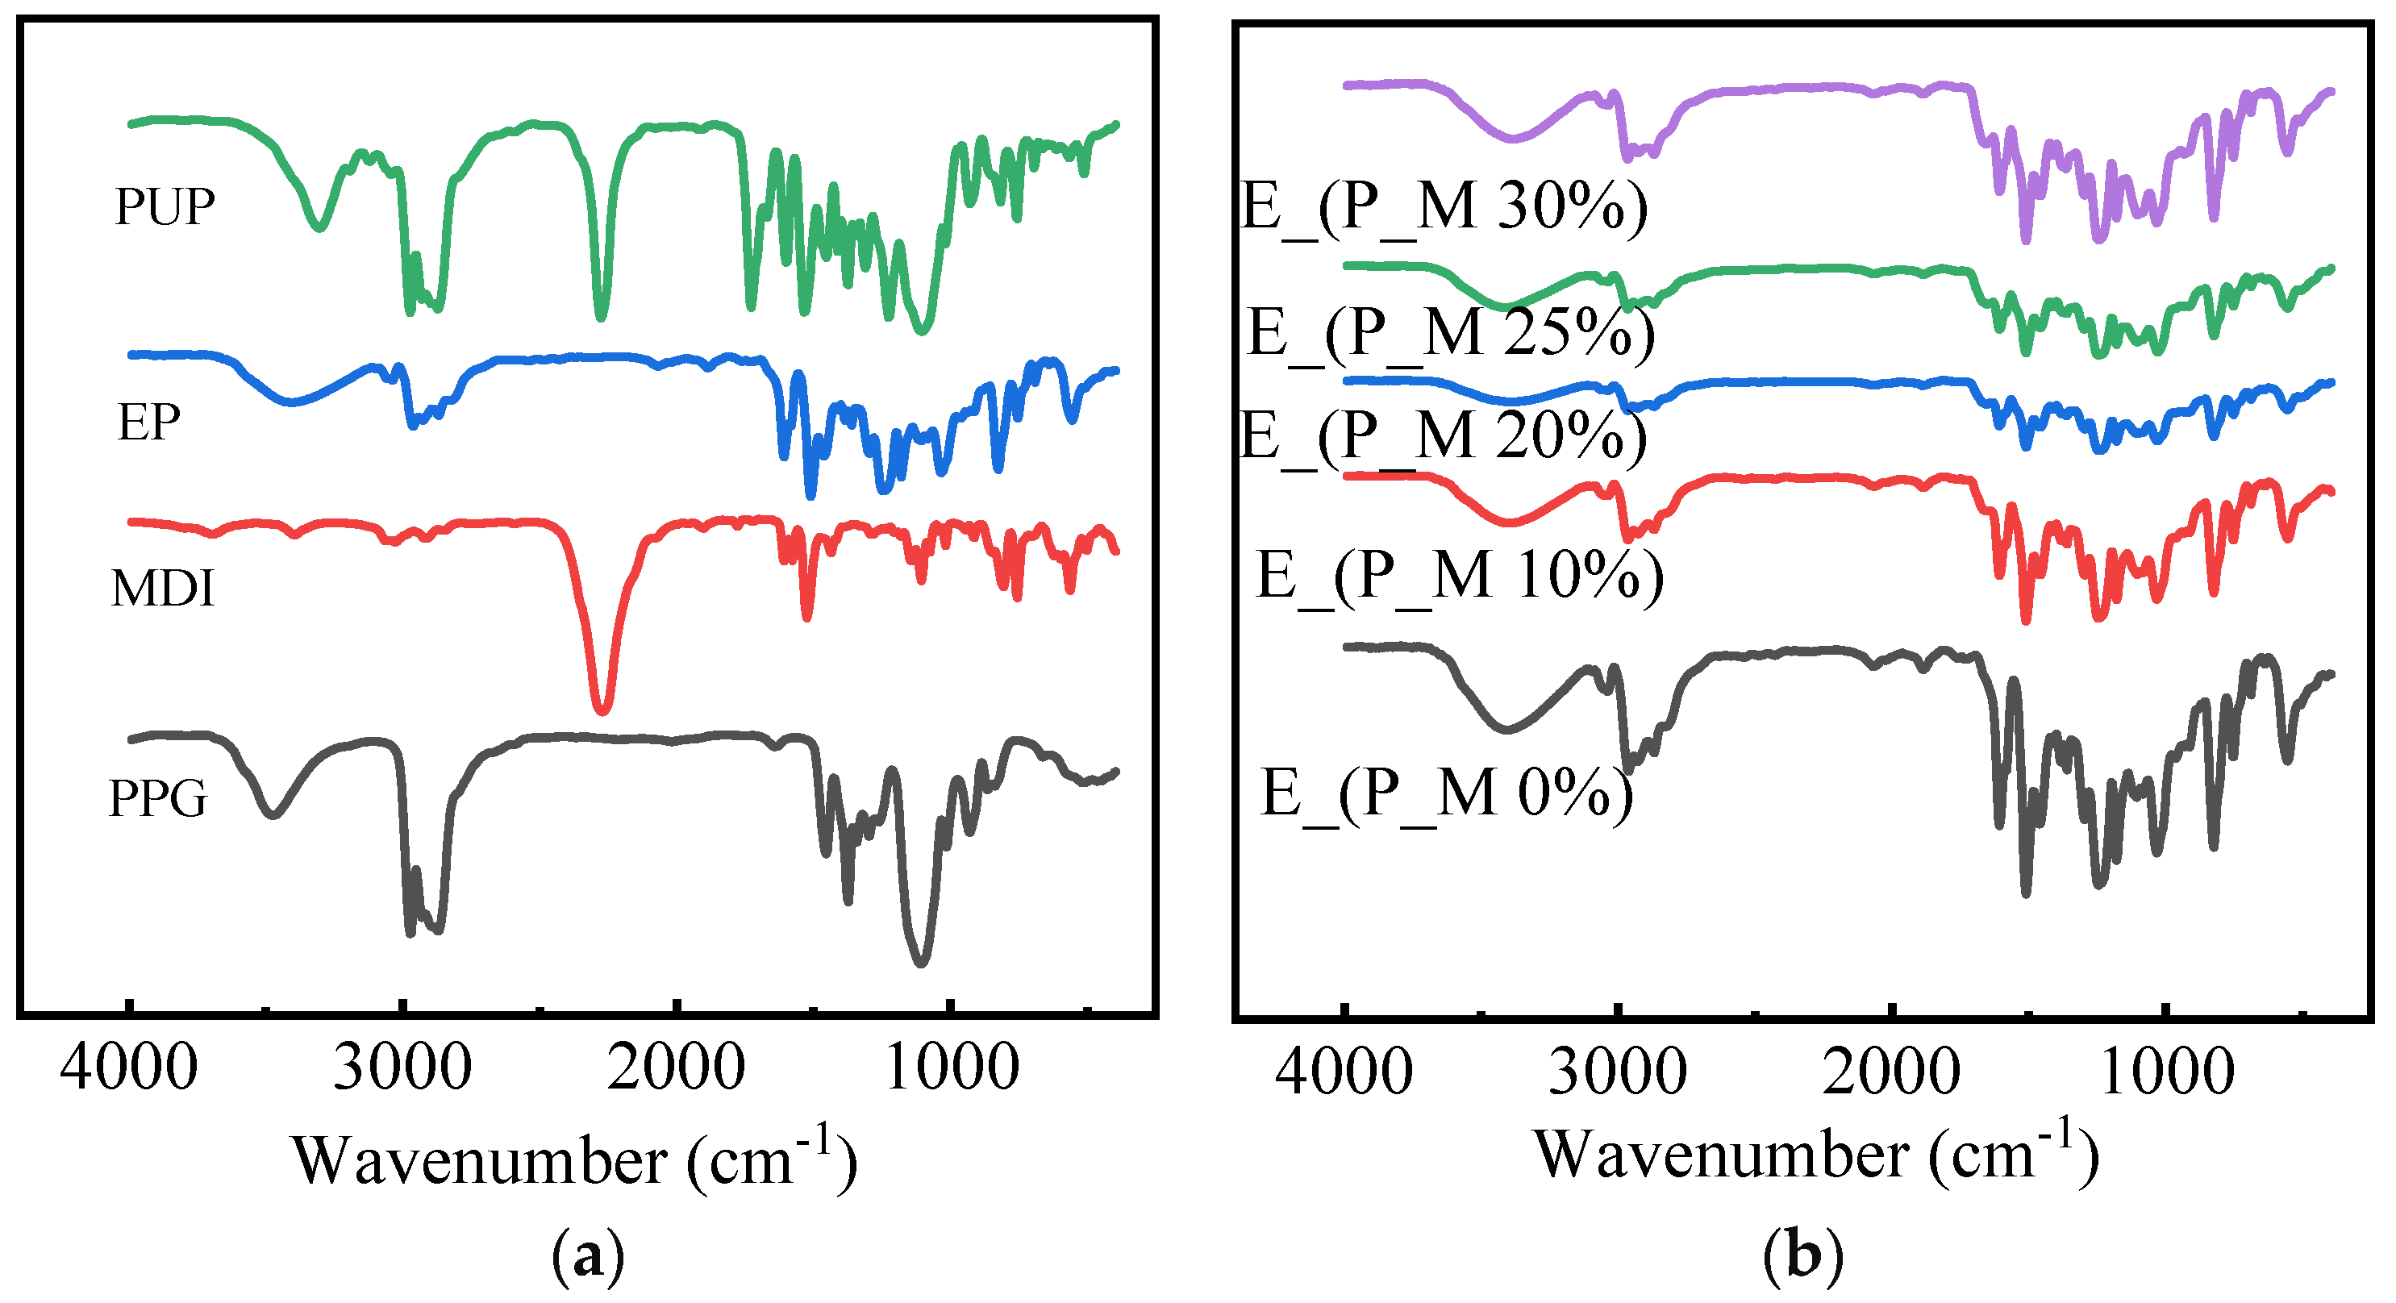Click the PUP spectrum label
pos(165,206)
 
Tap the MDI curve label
pos(163,589)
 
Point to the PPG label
pos(157,798)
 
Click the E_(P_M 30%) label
pos(1444,206)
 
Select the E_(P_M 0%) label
pos(1446,793)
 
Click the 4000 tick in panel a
pos(128,1067)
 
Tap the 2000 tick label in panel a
pos(676,1067)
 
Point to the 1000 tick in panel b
pos(2166,1072)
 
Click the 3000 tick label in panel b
pos(1618,1072)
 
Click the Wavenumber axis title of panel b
pos(1815,1154)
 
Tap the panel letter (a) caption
pos(588,1257)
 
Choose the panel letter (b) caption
pos(1802,1257)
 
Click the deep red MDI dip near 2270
pos(602,709)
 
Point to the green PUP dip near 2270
pos(601,316)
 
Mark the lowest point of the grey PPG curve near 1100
pos(921,963)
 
